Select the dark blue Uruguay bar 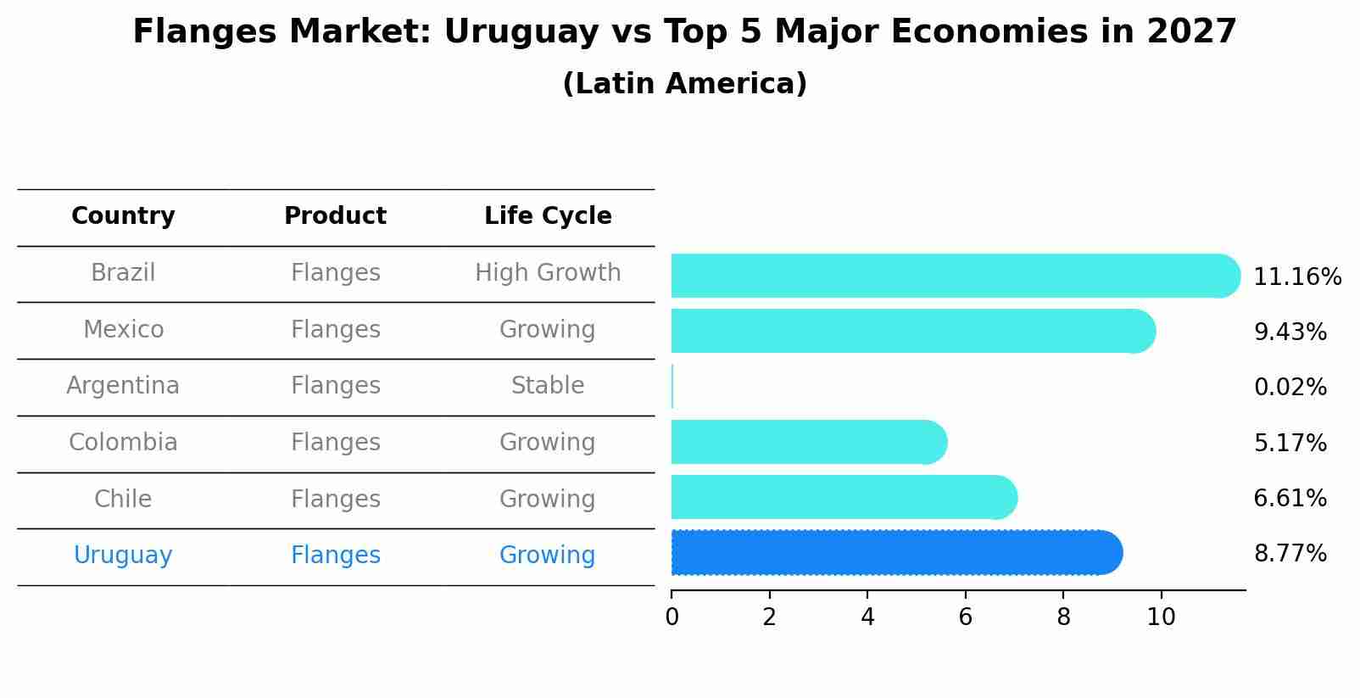(895, 553)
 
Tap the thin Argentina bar (672, 387)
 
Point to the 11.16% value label (1296, 277)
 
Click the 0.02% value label (1290, 388)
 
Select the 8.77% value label (1290, 554)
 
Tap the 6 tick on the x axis (965, 617)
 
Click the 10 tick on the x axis (1161, 617)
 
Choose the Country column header (123, 216)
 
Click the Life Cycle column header (548, 216)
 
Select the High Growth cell (548, 273)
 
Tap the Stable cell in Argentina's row (548, 386)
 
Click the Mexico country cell (123, 330)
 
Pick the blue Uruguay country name (123, 556)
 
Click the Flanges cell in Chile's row (335, 500)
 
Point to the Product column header (335, 216)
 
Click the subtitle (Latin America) (684, 84)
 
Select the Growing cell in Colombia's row (548, 443)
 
